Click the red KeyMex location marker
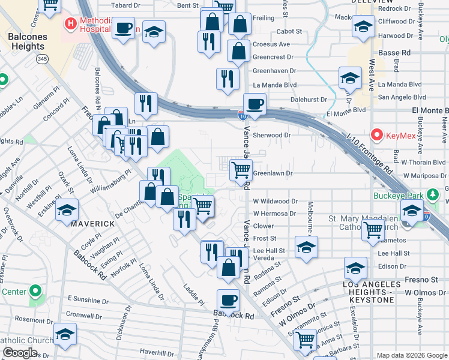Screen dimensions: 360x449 [378, 135]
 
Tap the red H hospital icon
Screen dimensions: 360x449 [71, 25]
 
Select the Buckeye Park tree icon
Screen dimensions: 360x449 [431, 195]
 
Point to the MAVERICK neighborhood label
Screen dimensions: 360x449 [93, 223]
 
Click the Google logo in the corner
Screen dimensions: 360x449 [19, 353]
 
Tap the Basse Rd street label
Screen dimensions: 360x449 [394, 53]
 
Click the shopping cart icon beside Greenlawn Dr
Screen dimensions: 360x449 [241, 170]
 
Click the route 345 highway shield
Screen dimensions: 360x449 [42, 59]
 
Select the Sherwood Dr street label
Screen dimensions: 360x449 [271, 135]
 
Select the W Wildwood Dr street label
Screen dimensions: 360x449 [275, 202]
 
